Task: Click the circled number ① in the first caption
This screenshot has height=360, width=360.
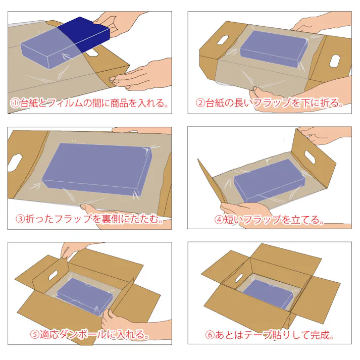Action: (15, 103)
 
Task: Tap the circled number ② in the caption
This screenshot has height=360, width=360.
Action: (200, 103)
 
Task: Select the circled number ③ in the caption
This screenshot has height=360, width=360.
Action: (21, 219)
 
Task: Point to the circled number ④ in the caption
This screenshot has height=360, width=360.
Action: (219, 219)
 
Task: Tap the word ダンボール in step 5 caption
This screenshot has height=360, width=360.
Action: (74, 335)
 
